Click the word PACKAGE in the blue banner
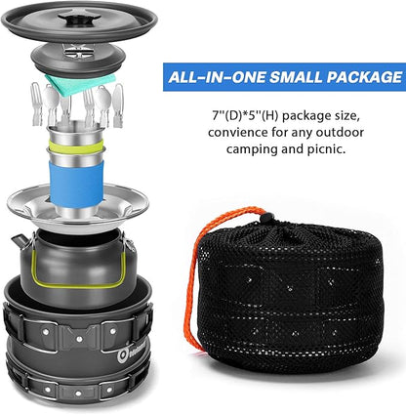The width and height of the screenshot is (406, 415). tap(364, 77)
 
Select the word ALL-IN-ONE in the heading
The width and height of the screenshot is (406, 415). tap(217, 77)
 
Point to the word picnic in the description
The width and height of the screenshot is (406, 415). tap(326, 149)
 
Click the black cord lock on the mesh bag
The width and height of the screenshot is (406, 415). tap(267, 217)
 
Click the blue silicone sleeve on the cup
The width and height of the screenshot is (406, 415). tap(76, 184)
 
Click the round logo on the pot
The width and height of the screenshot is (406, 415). tap(123, 356)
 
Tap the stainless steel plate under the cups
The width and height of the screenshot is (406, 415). tap(78, 207)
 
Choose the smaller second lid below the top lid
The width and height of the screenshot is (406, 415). tap(78, 59)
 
